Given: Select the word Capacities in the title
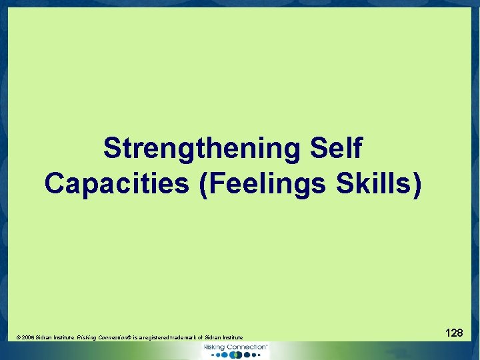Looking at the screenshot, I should point(117,183).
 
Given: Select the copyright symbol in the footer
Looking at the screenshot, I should point(18,339).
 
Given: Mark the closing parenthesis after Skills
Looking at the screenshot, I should point(417,183).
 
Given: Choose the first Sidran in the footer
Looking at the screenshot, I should point(44,339).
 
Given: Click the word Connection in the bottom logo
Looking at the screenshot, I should point(247,347).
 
